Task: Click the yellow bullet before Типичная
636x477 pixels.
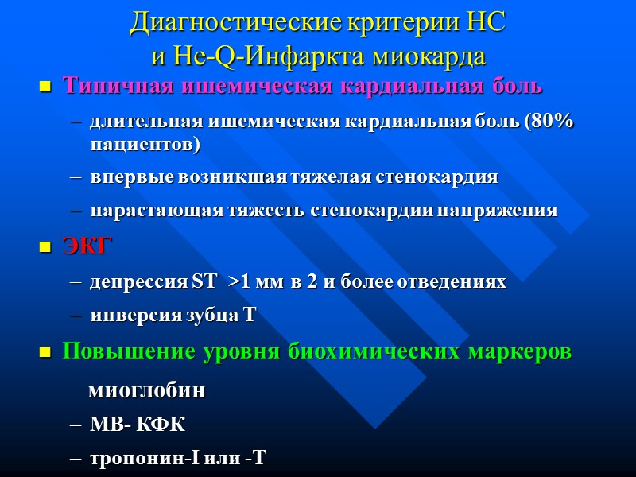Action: [x=45, y=87]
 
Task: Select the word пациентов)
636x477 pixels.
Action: [x=145, y=145]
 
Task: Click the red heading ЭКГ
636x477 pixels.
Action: [x=87, y=247]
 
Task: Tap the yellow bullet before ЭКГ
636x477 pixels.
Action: [x=45, y=248]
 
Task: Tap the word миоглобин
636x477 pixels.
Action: [x=146, y=391]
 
